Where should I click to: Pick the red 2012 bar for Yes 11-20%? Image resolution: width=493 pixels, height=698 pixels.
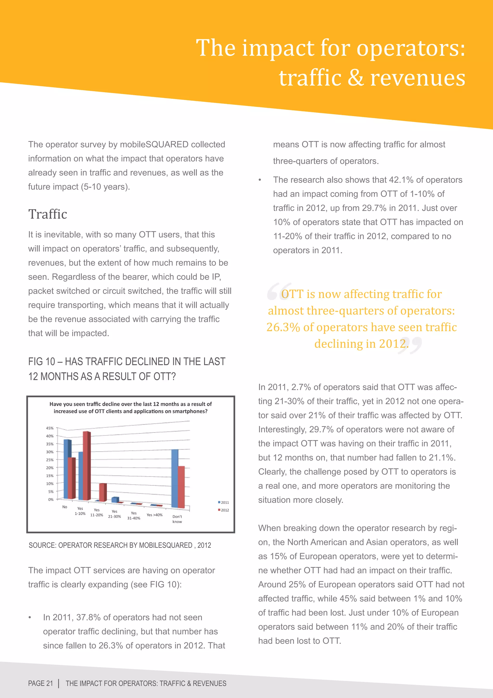[x=103, y=492]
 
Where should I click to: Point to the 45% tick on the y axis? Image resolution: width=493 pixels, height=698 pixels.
[x=50, y=428]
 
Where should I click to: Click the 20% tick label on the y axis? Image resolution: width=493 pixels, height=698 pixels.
[x=50, y=468]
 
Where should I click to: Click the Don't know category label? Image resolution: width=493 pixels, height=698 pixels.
[x=177, y=519]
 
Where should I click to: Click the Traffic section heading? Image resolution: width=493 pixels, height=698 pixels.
[x=48, y=214]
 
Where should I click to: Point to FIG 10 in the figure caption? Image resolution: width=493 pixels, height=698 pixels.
[x=42, y=362]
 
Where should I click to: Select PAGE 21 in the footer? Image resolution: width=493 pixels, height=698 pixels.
[x=40, y=683]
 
